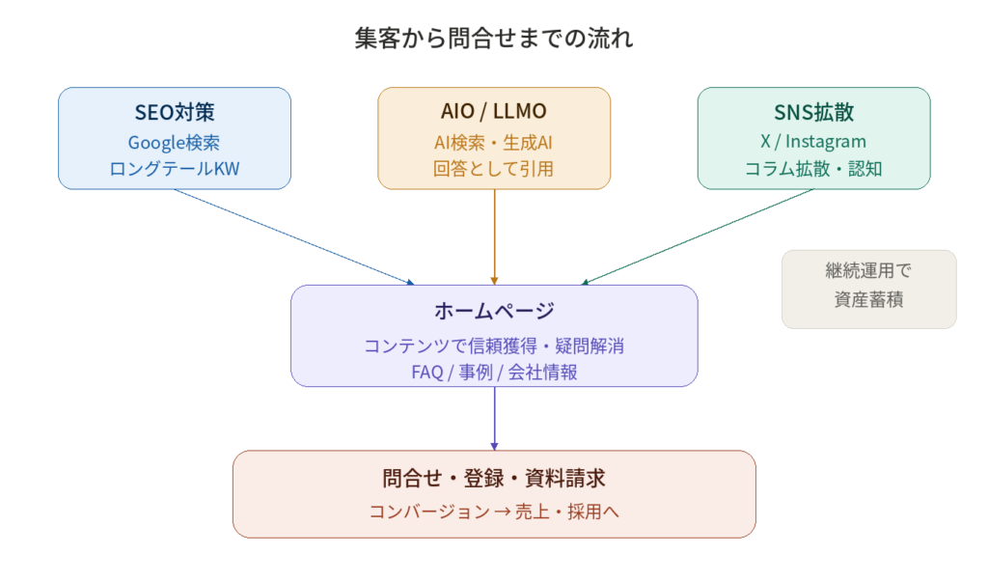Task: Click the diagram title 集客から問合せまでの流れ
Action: [494, 39]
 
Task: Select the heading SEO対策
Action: [174, 112]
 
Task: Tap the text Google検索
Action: [174, 142]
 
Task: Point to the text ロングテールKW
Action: [174, 169]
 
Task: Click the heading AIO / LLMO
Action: [494, 112]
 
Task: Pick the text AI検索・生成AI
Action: [494, 142]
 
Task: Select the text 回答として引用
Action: [494, 169]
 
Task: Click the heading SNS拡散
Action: [813, 112]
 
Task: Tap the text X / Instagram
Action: [813, 142]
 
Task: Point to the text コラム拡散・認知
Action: [813, 169]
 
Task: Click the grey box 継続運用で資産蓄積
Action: [868, 289]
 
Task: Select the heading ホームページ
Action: [494, 311]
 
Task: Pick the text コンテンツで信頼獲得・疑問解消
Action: [494, 346]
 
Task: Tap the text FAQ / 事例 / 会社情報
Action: [494, 372]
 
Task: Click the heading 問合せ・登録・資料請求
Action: [494, 478]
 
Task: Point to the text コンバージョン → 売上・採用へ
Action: [494, 512]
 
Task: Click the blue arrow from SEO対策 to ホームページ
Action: [294, 236]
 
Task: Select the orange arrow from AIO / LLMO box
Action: [494, 236]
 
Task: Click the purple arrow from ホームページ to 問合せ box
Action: [494, 418]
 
